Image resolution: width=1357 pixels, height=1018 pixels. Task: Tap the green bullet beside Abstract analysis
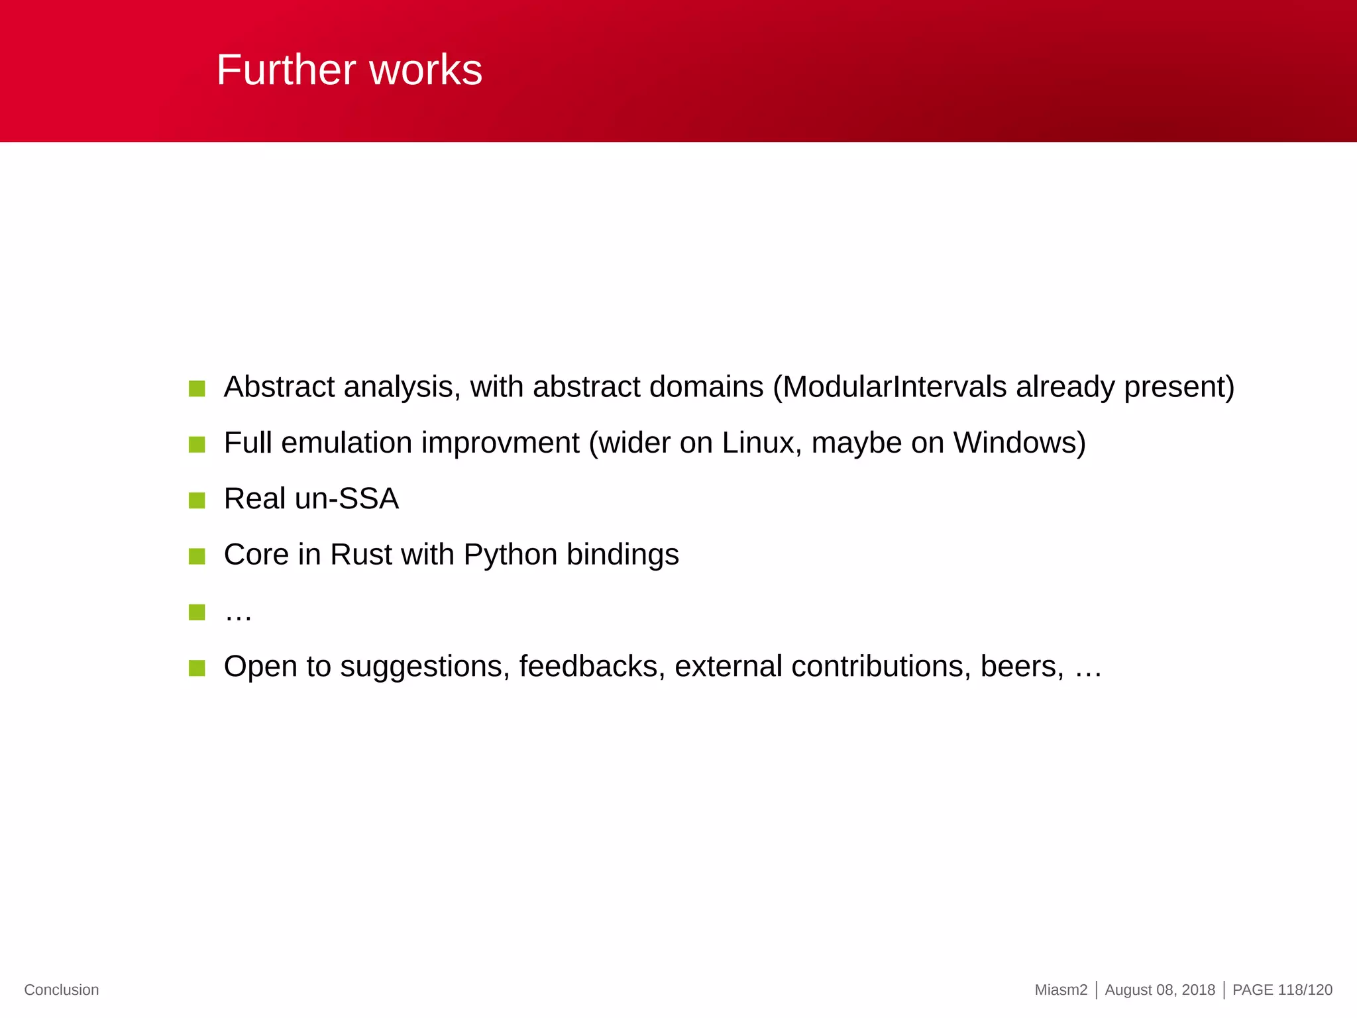pos(197,388)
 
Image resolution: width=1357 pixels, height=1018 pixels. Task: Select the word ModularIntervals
pos(895,387)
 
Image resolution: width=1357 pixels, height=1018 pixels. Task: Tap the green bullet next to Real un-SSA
pos(197,500)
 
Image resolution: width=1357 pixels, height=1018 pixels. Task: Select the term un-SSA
pos(347,499)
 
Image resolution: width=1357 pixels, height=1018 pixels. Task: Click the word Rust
pos(361,555)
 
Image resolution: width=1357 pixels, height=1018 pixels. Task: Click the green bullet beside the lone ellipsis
pos(197,612)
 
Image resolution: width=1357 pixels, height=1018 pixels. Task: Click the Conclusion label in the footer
pos(62,990)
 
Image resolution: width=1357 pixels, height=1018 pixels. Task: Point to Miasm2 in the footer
pos(1061,990)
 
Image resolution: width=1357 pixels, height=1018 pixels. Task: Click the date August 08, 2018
pos(1160,990)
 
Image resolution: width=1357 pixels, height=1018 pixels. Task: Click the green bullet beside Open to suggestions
pos(197,667)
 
